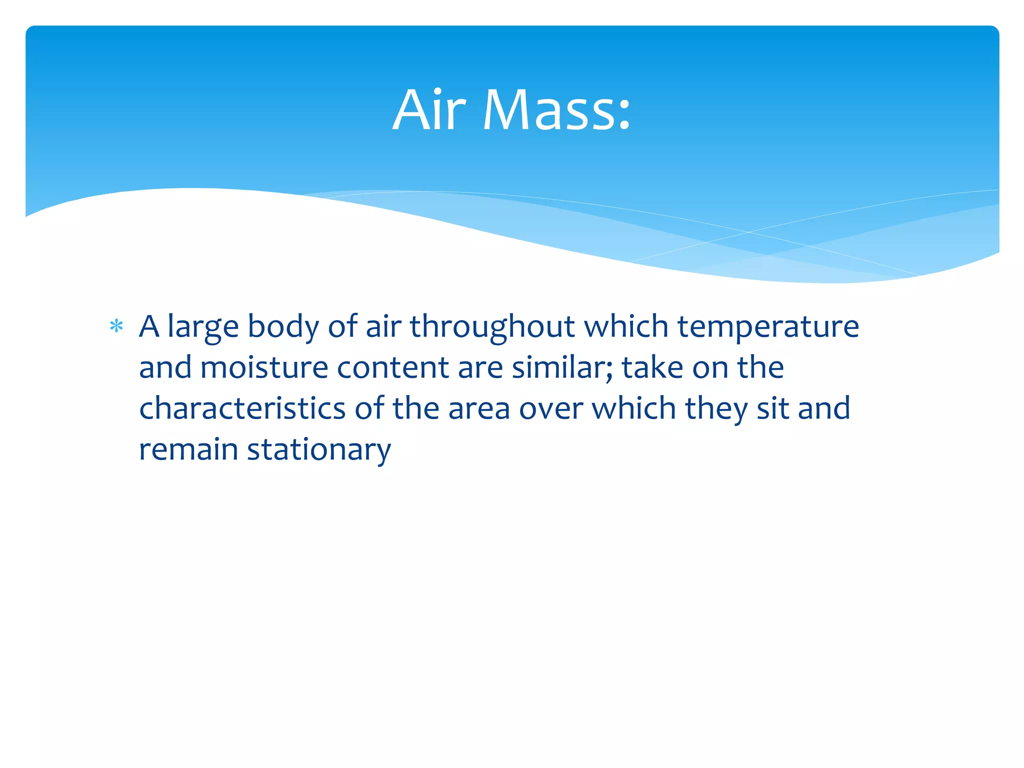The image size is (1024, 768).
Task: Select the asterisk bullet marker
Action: tap(116, 327)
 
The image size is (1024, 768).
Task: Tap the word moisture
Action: tap(264, 368)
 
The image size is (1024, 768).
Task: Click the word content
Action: tap(393, 368)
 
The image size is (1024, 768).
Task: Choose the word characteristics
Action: tap(242, 408)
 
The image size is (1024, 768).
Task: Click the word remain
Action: tap(188, 449)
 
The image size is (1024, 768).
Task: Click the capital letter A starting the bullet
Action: tap(149, 326)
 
